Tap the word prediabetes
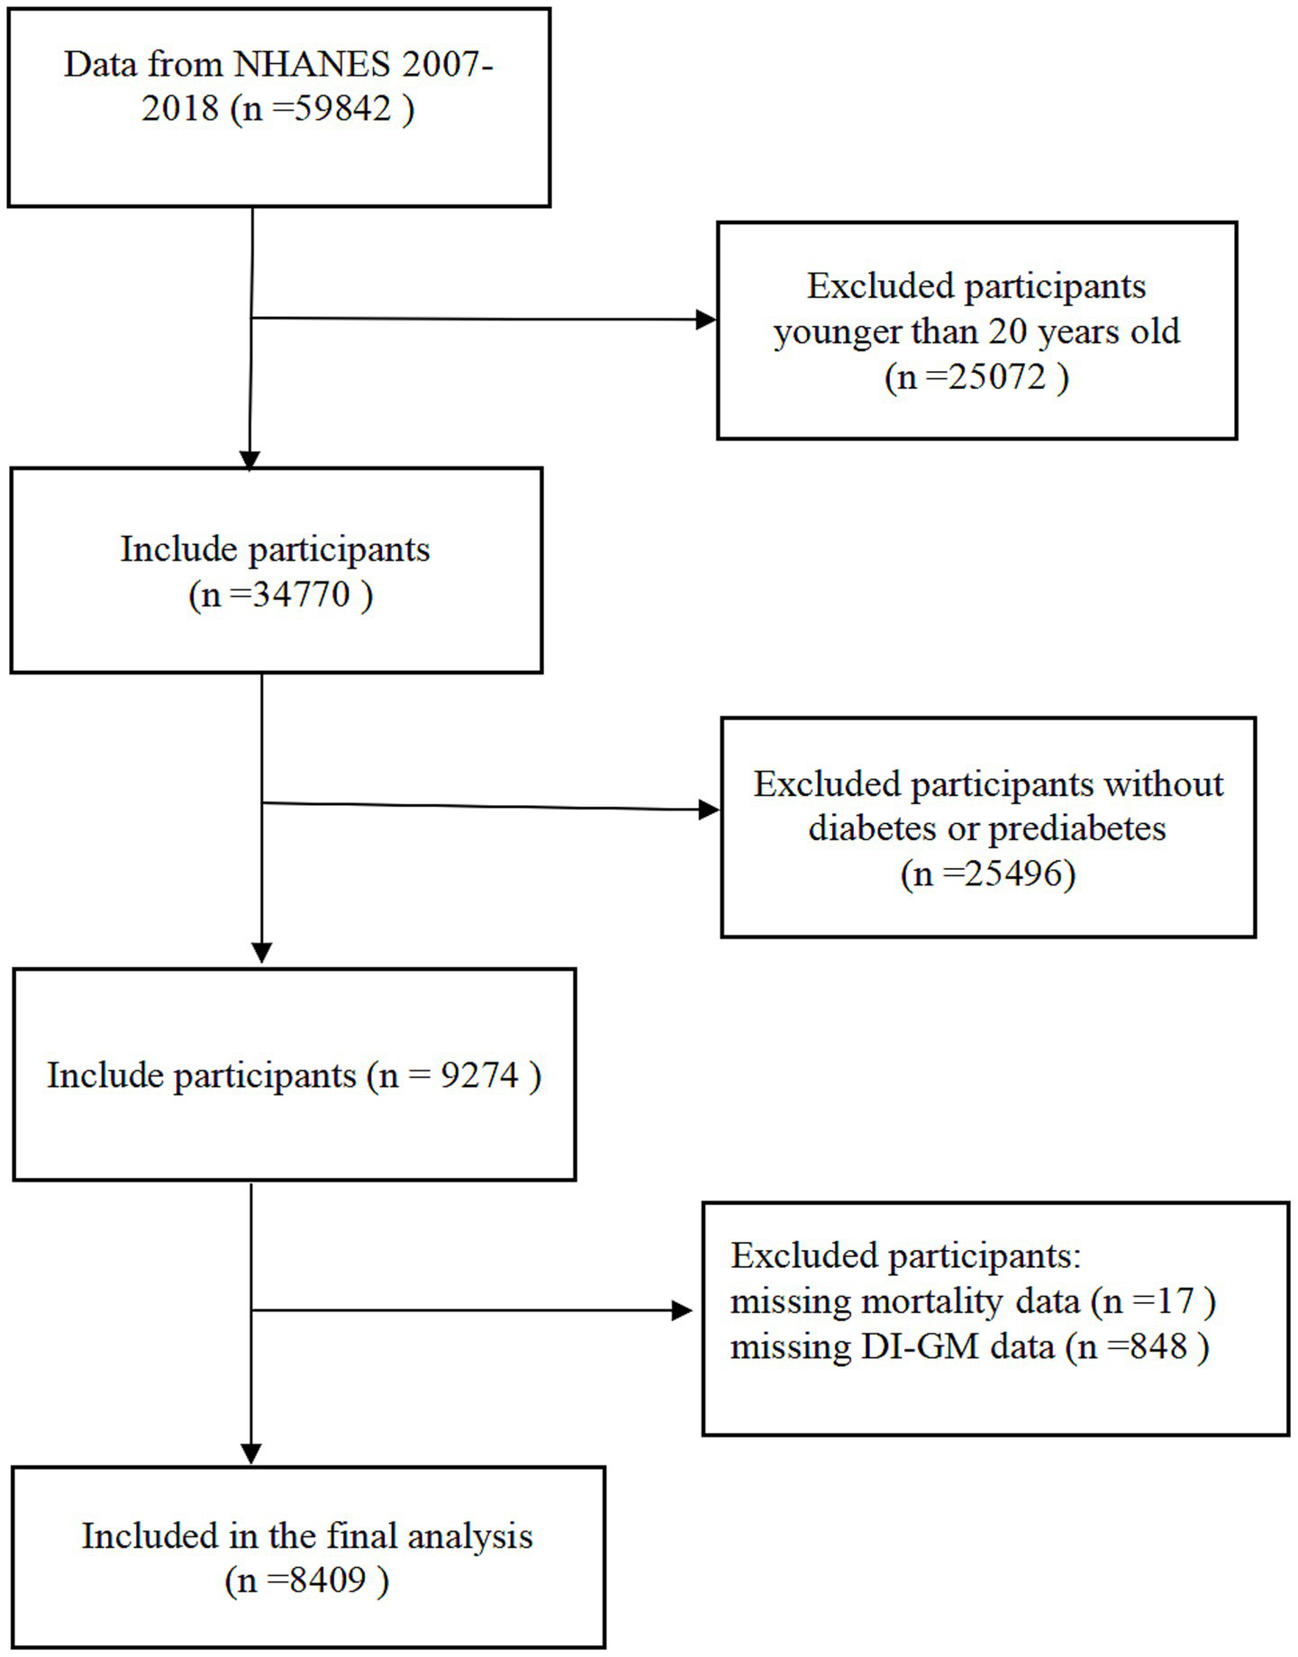(1076, 828)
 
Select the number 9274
(479, 1075)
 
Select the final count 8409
(328, 1580)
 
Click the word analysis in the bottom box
(469, 1536)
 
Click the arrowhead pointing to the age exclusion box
(707, 319)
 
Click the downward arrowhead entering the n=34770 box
(250, 459)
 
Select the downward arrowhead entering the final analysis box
(251, 1453)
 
